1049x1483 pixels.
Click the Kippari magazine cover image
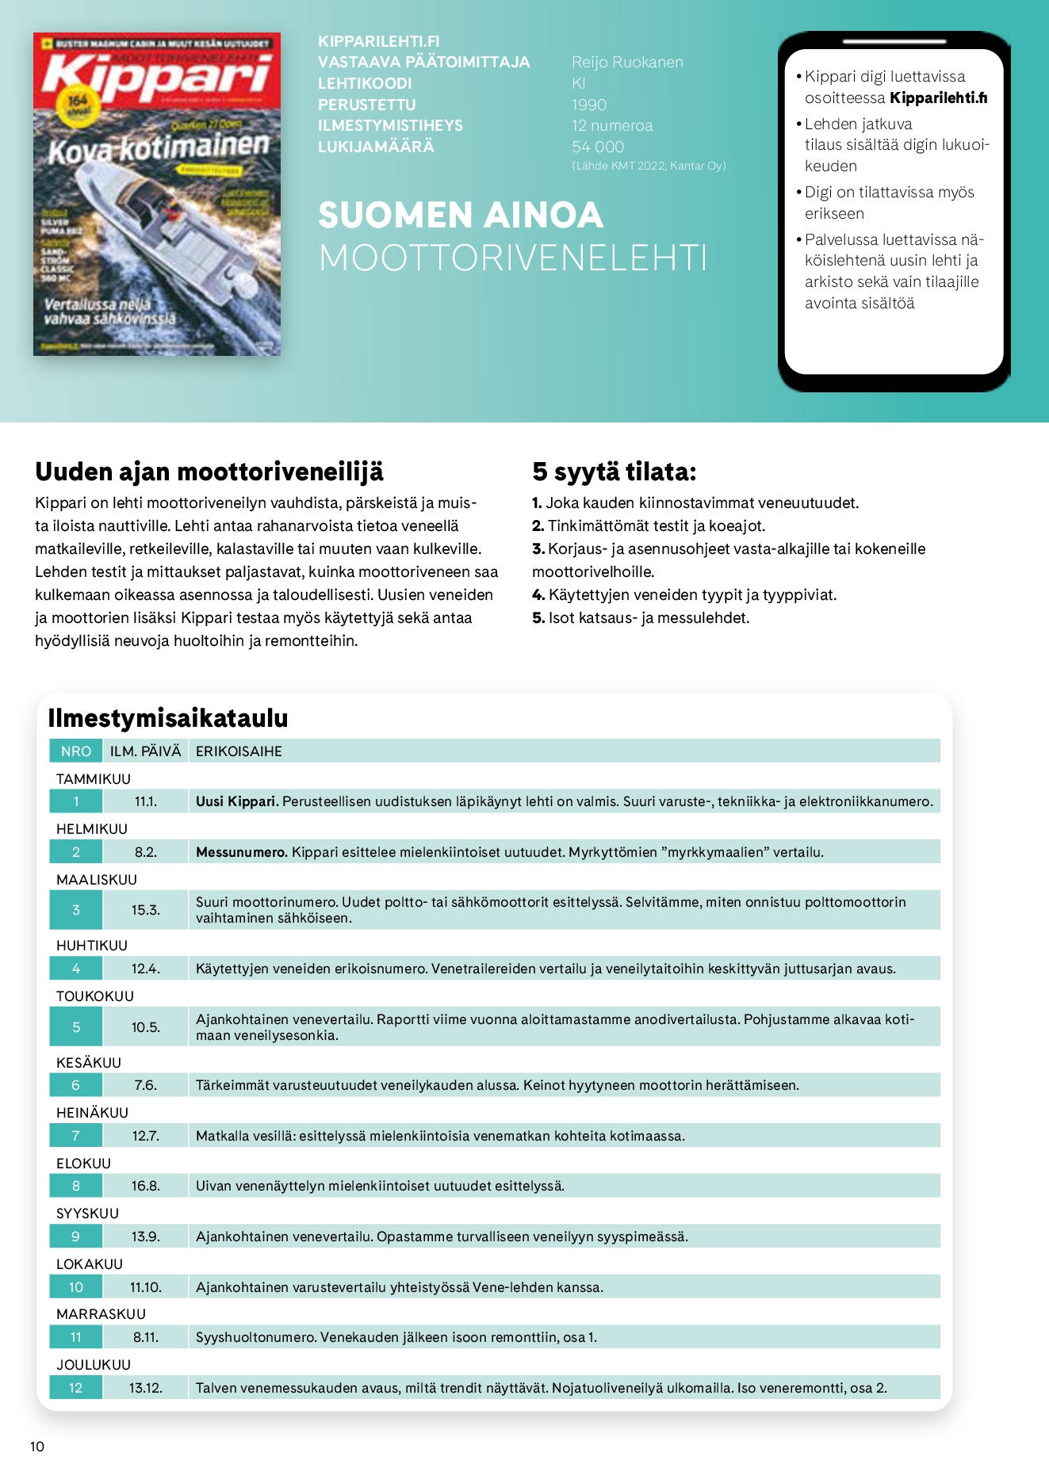(x=157, y=194)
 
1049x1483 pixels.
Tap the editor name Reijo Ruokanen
(x=627, y=63)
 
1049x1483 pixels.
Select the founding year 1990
(x=589, y=105)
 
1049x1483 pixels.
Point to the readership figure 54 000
(x=598, y=147)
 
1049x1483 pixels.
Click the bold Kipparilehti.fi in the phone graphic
(x=939, y=98)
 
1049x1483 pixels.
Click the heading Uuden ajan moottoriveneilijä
(x=209, y=472)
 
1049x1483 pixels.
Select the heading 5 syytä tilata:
(x=614, y=472)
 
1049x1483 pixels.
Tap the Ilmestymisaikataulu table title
(x=168, y=718)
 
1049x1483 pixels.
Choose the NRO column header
(x=76, y=751)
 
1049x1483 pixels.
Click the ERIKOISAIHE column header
(x=239, y=751)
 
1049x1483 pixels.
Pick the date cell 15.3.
(x=146, y=910)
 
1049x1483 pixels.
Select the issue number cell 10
(x=76, y=1287)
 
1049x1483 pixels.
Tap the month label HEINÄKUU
(x=92, y=1113)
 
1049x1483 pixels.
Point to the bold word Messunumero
(x=241, y=852)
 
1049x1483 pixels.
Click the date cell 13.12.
(x=146, y=1388)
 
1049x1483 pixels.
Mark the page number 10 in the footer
(x=37, y=1447)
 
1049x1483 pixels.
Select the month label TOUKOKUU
(x=95, y=996)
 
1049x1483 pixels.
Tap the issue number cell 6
(x=76, y=1085)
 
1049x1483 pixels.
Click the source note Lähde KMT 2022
(x=649, y=166)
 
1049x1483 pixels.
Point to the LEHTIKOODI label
(x=365, y=83)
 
